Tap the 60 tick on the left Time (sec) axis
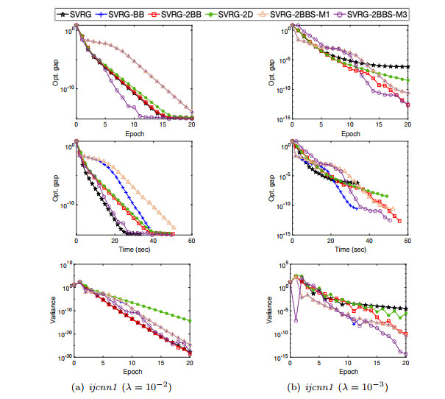point(191,241)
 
